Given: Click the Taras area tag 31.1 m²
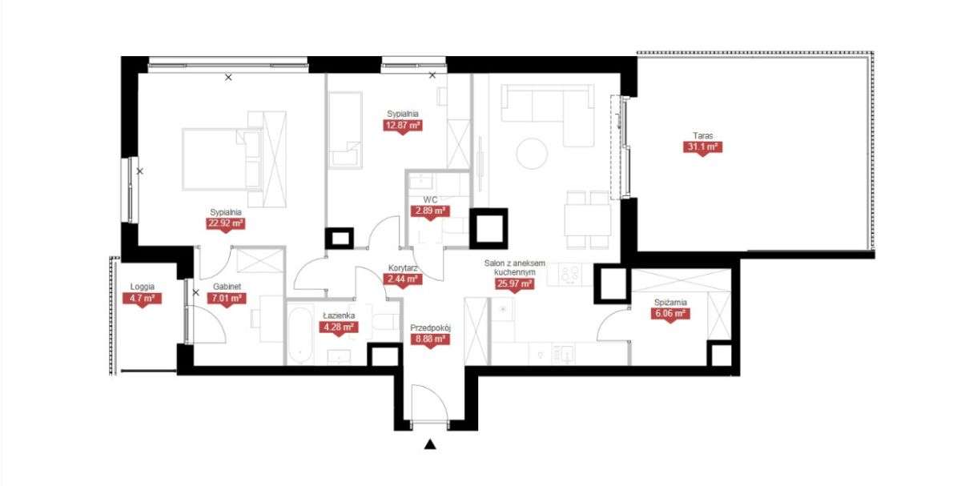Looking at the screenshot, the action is [x=702, y=147].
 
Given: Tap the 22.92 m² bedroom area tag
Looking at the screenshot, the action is [x=226, y=223].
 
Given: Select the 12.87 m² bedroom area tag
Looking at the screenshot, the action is [x=402, y=125].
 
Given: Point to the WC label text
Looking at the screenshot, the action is [x=430, y=200].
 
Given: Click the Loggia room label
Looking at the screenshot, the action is [x=143, y=287].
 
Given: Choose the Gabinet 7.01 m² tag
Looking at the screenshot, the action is [x=227, y=298].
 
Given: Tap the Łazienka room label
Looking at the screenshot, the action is [x=339, y=315].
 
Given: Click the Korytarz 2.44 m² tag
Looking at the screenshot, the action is [x=402, y=279].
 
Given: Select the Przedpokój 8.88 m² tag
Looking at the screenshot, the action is [x=430, y=339].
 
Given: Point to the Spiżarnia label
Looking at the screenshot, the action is [x=670, y=303].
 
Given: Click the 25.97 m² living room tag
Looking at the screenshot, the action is [x=514, y=283].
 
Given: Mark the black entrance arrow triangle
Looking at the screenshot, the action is [x=430, y=444].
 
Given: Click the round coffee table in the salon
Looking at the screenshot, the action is [x=532, y=154].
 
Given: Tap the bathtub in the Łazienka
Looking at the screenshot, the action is [x=300, y=335].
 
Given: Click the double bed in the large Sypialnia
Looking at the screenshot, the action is [x=223, y=159].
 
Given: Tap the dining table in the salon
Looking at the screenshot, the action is [x=587, y=219].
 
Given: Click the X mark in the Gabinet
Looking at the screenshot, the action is [x=196, y=292].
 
